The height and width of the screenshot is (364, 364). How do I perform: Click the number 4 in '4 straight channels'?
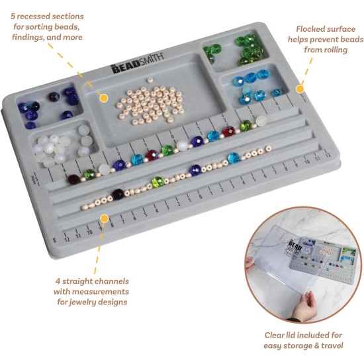coord(59,281)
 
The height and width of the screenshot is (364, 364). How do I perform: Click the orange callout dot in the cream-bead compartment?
coord(104,98)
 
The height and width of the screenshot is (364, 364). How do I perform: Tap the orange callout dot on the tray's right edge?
coord(300,88)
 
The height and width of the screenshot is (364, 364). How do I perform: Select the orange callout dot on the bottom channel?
coord(104,216)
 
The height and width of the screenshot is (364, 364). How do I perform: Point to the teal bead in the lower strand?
coord(234,158)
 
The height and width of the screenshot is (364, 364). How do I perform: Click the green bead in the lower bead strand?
coord(156,181)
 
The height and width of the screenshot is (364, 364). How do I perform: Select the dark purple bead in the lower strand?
coord(118,194)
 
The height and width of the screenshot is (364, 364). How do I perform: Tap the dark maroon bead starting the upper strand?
coord(73,179)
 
